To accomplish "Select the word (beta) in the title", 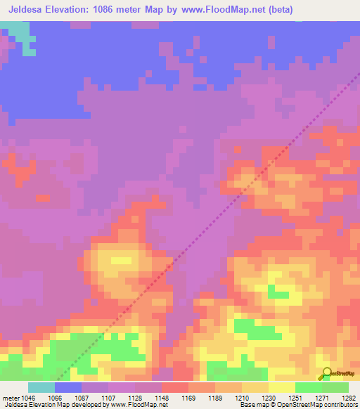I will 278,10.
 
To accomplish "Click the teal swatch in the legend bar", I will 41,387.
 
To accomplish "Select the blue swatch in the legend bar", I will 68,387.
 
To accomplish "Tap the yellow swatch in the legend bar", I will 282,387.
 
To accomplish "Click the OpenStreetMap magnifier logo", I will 327,374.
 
